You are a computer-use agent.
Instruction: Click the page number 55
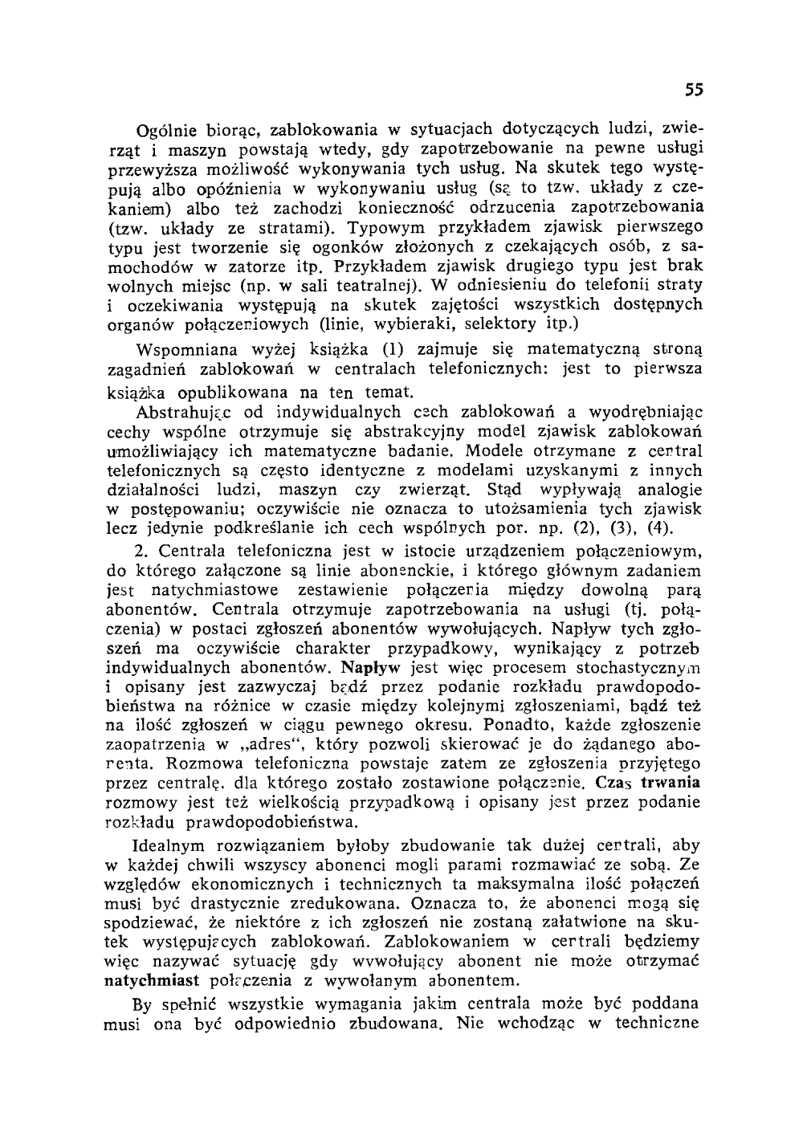[x=695, y=90]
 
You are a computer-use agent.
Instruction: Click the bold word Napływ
[x=372, y=667]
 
